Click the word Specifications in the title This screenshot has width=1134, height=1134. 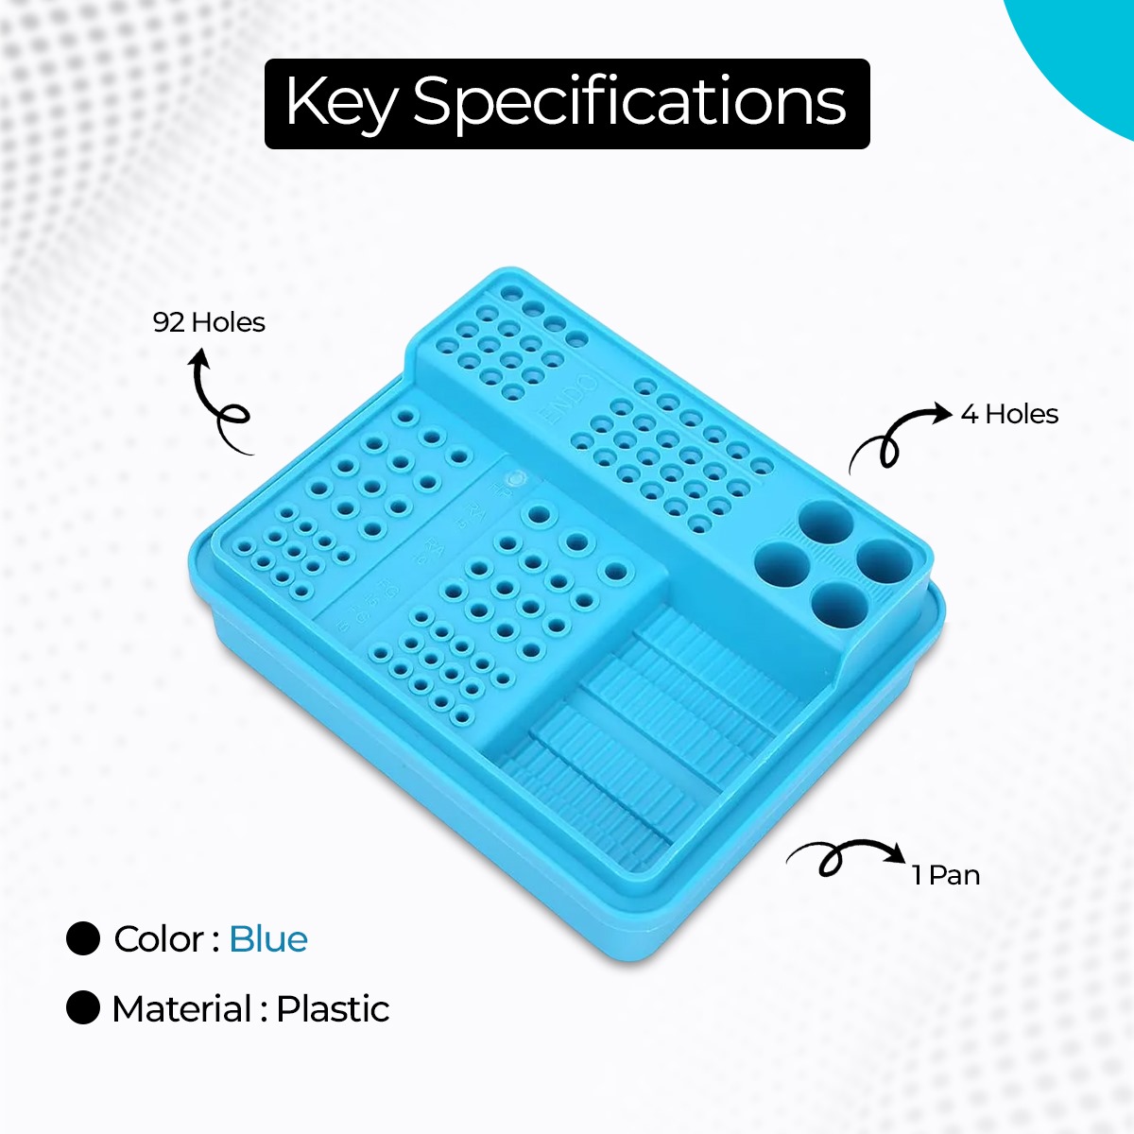[629, 102]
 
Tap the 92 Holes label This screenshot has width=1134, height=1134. [209, 322]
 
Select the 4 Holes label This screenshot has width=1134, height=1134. [1009, 414]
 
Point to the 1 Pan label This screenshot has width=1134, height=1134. [946, 875]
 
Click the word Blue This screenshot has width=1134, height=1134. [268, 939]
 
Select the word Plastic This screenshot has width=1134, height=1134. [333, 1009]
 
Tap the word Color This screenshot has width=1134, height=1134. [158, 939]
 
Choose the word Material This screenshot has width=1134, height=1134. [182, 1009]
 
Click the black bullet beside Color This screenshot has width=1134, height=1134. [83, 938]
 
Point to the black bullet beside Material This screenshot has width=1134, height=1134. [83, 1008]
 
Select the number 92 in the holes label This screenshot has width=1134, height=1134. [168, 322]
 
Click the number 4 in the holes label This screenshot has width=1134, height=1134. [969, 414]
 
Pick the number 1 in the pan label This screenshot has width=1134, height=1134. [917, 875]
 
